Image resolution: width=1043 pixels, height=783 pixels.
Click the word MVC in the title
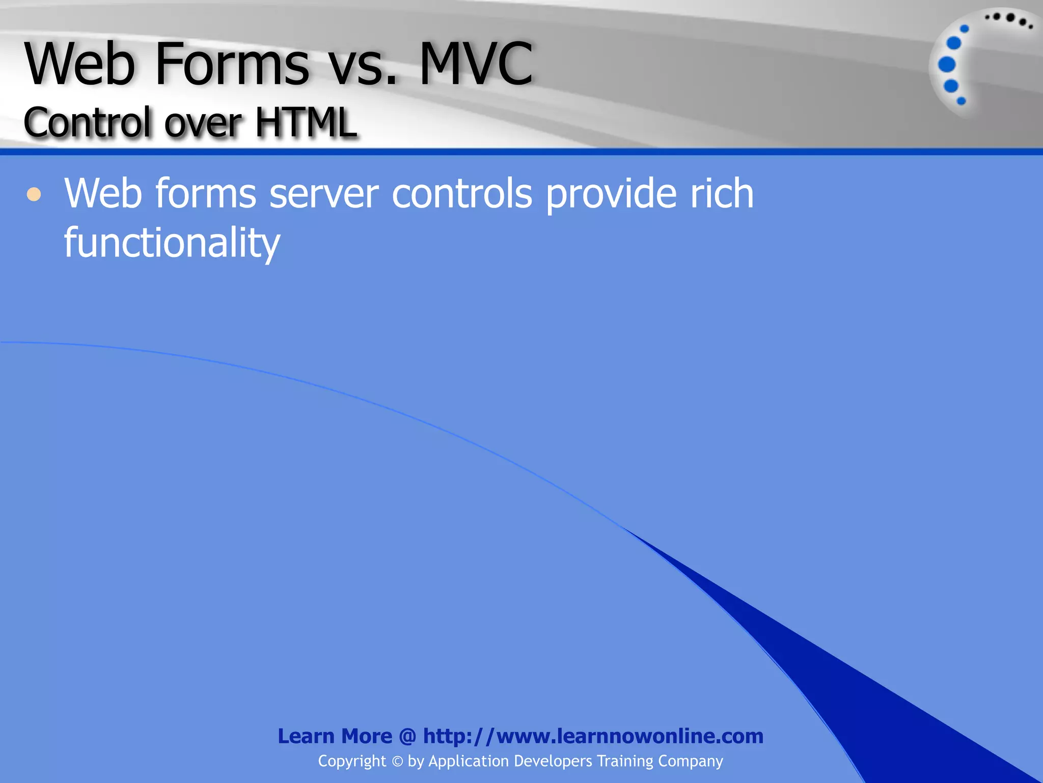[476, 65]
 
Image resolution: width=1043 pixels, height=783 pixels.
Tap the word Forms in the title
[232, 65]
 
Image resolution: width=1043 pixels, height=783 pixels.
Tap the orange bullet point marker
[34, 194]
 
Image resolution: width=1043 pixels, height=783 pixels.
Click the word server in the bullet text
[324, 194]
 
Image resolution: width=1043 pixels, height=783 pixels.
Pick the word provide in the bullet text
[611, 195]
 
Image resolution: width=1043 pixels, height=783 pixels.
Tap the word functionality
[172, 243]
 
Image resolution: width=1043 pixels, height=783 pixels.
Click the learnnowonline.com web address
[593, 736]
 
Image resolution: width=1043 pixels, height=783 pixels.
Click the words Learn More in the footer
[335, 736]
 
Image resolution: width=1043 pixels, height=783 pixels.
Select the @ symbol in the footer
[407, 737]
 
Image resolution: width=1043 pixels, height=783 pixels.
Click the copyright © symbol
[397, 762]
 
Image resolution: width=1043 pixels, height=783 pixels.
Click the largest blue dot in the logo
[947, 65]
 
